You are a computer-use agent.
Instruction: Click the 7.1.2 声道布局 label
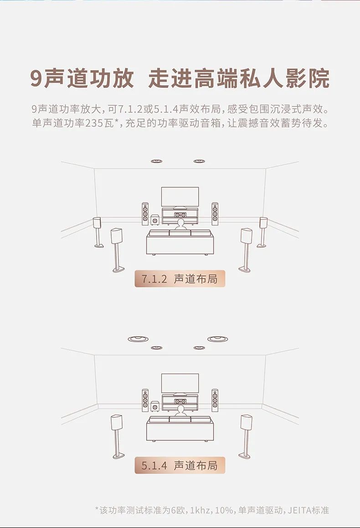pos(180,279)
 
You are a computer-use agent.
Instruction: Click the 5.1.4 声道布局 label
pos(180,465)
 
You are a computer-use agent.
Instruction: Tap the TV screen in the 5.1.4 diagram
pos(180,383)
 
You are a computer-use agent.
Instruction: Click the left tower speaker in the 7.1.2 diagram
pos(145,214)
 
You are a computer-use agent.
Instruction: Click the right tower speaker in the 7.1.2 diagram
pos(215,214)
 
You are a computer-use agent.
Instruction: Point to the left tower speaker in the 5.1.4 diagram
pos(145,400)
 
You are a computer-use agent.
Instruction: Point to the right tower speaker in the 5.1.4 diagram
pos(215,400)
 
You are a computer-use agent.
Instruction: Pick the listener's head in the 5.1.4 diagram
pos(180,410)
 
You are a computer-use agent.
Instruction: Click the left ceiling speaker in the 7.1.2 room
pos(157,161)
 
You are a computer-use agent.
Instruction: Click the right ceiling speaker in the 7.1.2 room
pos(199,161)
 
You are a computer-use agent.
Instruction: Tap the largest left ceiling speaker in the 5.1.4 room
pos(136,339)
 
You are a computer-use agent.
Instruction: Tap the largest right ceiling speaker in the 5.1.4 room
pos(218,339)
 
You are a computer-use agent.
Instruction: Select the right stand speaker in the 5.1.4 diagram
pos(247,424)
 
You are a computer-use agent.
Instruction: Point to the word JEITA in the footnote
pos(299,510)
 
